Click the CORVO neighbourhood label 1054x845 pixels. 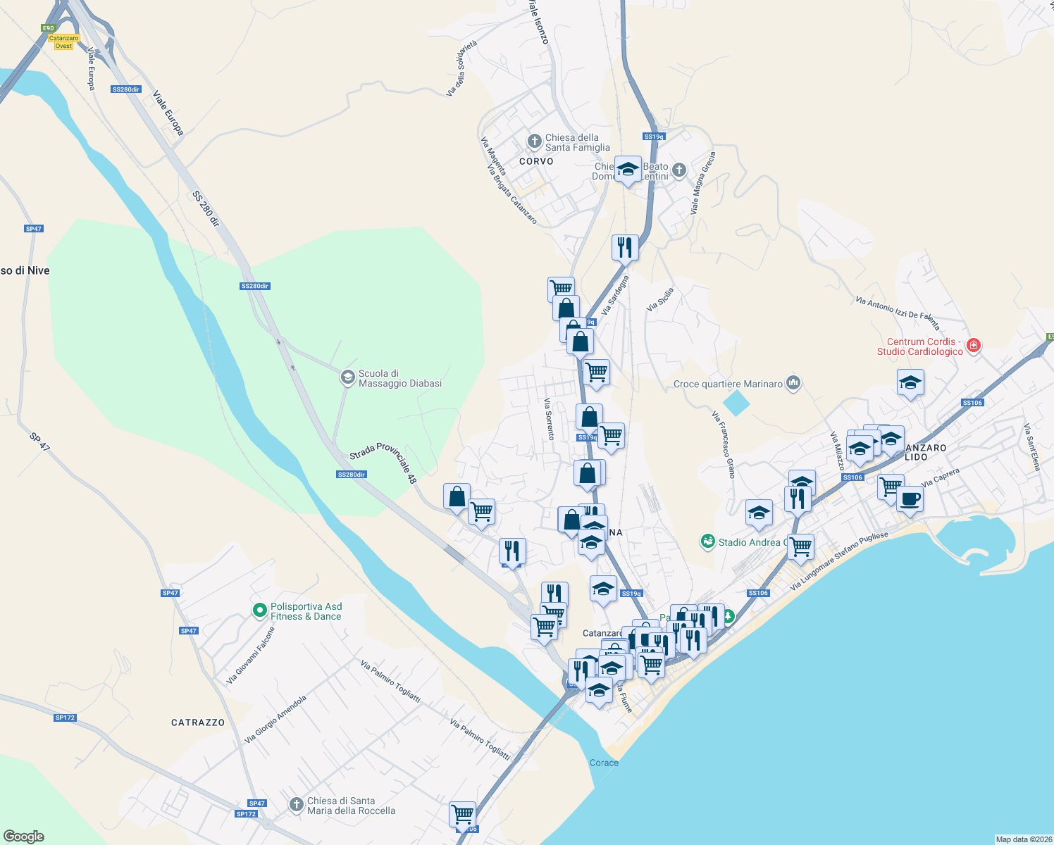[536, 161]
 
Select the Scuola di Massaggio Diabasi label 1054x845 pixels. [399, 378]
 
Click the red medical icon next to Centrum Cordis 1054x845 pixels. [974, 345]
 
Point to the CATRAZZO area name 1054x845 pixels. [198, 722]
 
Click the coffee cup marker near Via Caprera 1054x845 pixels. [910, 499]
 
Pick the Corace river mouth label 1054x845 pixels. [604, 763]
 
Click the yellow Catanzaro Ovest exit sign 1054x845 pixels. [63, 42]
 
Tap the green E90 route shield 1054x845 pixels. [48, 28]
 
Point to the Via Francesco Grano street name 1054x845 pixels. [724, 445]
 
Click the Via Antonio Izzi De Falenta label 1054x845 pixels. [898, 313]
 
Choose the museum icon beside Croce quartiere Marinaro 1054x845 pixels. [794, 383]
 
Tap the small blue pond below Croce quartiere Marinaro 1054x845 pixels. [736, 403]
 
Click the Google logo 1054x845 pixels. [24, 837]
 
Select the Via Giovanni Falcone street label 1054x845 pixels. [250, 656]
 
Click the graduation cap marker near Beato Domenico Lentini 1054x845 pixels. [628, 169]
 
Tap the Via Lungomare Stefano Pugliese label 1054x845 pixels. [839, 561]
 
